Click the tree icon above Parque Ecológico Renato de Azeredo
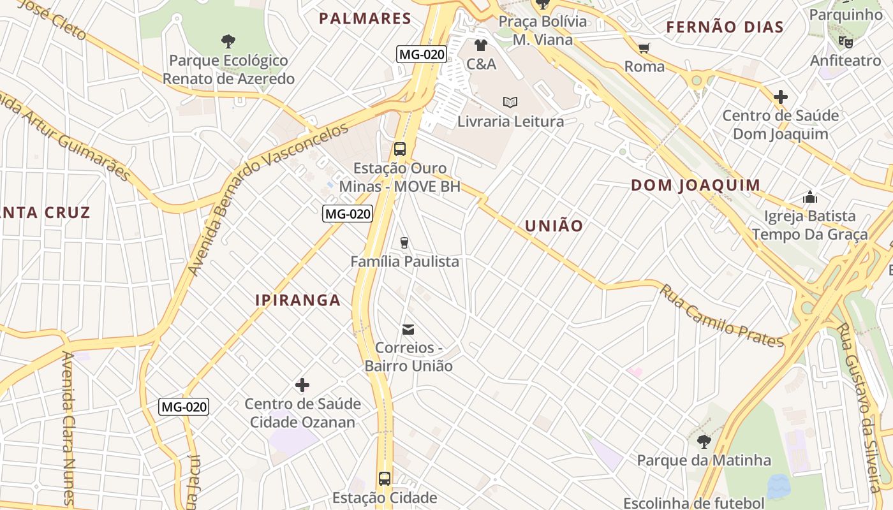(x=228, y=42)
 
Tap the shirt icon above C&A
(x=481, y=45)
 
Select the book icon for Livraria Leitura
(x=510, y=102)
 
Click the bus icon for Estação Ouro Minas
(x=400, y=150)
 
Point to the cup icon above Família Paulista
(x=404, y=242)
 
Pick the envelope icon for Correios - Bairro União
(x=408, y=330)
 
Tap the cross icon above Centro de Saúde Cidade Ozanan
(x=302, y=385)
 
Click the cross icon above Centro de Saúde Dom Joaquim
(x=780, y=98)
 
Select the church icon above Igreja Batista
(x=810, y=197)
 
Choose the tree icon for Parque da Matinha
(x=704, y=441)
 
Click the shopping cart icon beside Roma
(x=644, y=48)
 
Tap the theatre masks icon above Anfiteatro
(x=846, y=42)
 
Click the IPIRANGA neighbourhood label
(x=298, y=300)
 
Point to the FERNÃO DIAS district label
(x=725, y=27)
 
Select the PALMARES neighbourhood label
(x=365, y=18)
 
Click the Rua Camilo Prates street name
(x=721, y=316)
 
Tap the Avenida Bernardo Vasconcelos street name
(x=268, y=198)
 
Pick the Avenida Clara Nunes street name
(x=68, y=427)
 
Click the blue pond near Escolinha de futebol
(x=778, y=486)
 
